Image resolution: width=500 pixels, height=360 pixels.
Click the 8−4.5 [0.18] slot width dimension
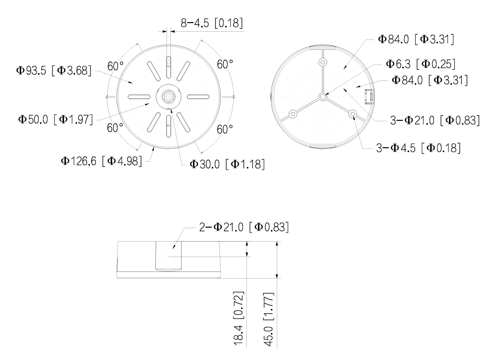tap(212, 23)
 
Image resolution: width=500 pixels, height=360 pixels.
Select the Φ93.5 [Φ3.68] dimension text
tap(53, 70)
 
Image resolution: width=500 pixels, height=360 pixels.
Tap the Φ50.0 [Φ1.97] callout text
tap(55, 119)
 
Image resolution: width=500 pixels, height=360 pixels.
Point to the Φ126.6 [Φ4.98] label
tap(102, 161)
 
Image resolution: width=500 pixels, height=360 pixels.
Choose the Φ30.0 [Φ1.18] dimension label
tap(227, 164)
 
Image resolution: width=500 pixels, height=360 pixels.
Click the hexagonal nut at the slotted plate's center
tap(168, 96)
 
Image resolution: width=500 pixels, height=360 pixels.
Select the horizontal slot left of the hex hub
tap(139, 97)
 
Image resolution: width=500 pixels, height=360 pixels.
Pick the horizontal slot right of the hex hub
tap(198, 97)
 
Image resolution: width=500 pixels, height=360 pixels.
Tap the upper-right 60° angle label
tap(225, 64)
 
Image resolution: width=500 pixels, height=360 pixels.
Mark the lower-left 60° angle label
tap(115, 128)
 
